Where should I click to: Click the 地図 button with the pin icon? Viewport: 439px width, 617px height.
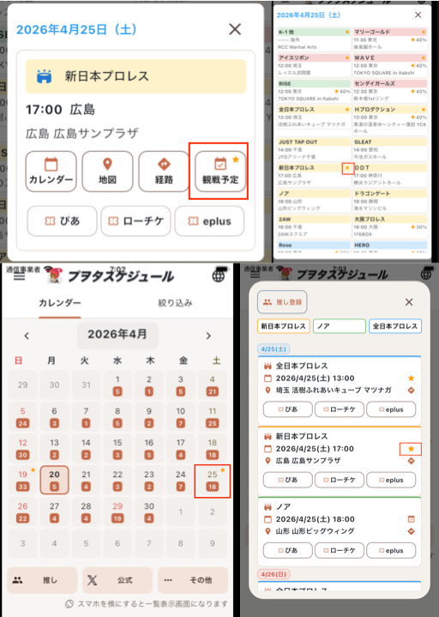tap(107, 171)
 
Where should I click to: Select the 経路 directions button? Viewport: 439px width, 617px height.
tap(163, 171)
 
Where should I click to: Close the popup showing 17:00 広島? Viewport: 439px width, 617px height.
tap(235, 29)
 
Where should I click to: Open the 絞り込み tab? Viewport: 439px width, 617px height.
tap(174, 303)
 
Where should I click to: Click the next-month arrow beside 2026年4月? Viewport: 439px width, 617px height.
tap(208, 336)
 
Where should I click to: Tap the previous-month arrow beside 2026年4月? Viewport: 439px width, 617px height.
tap(27, 336)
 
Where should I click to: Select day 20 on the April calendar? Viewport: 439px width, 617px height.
tap(53, 481)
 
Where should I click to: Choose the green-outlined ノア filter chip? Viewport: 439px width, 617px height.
tap(339, 327)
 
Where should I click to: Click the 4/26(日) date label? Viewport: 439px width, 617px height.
tap(274, 574)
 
